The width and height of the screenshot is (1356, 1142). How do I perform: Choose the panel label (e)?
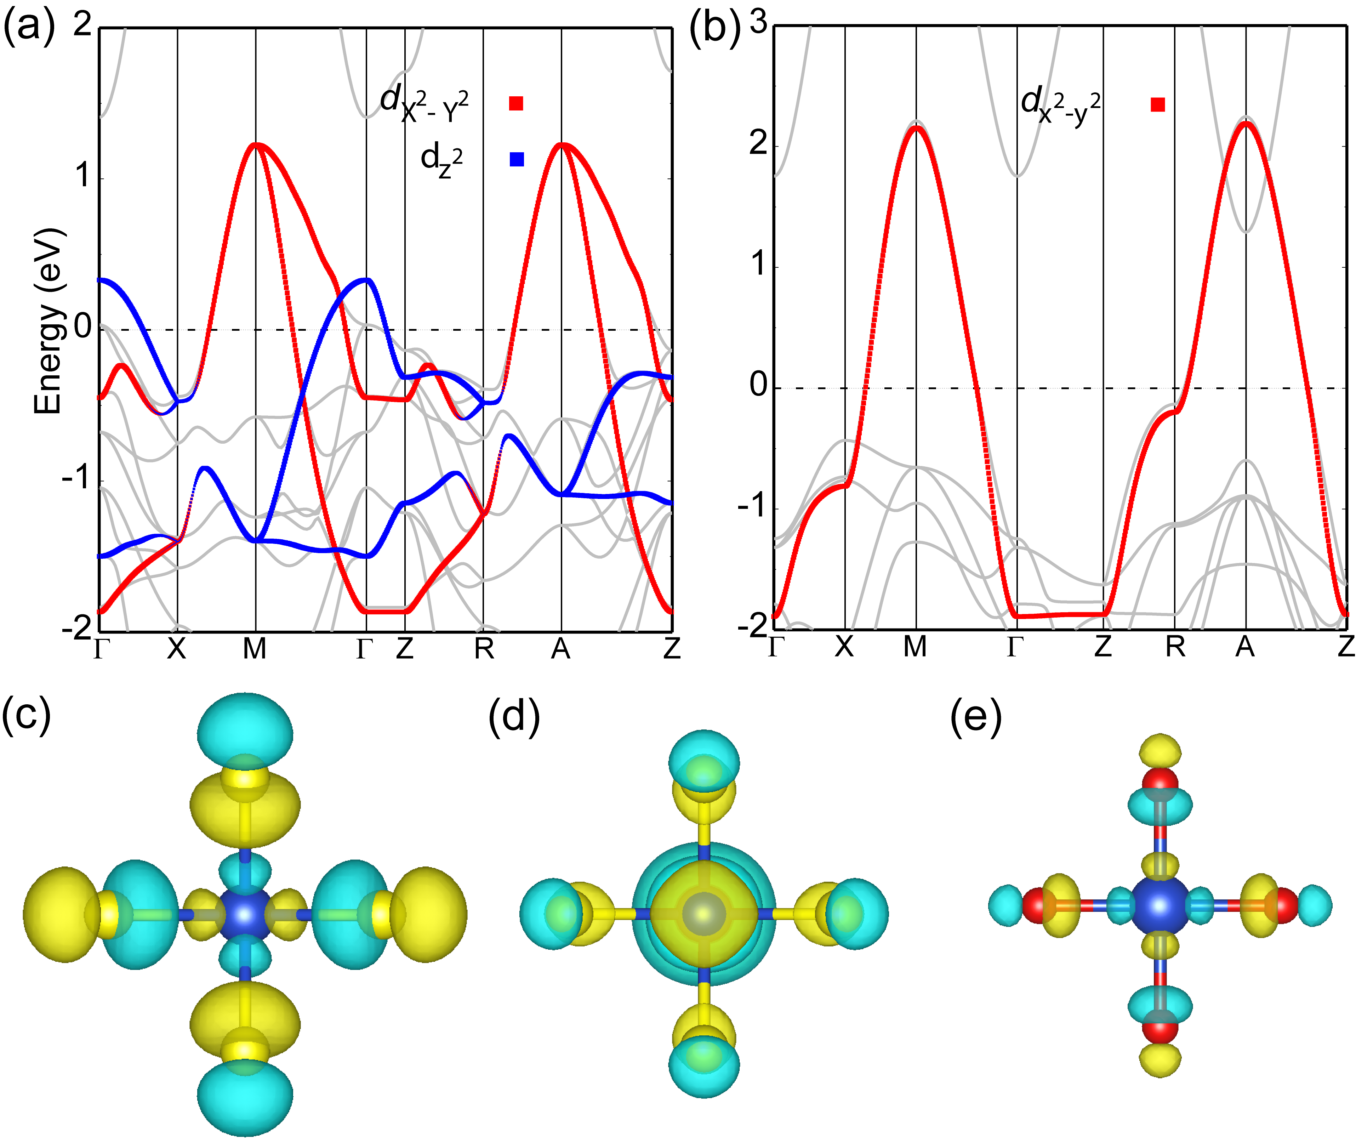pyautogui.click(x=975, y=717)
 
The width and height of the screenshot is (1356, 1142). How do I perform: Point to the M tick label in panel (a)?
pyautogui.click(x=254, y=648)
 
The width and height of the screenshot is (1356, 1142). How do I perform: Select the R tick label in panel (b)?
pyautogui.click(x=1175, y=647)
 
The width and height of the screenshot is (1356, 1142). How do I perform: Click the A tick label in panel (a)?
pyautogui.click(x=560, y=648)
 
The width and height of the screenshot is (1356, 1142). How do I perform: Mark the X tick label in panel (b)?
pyautogui.click(x=844, y=647)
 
